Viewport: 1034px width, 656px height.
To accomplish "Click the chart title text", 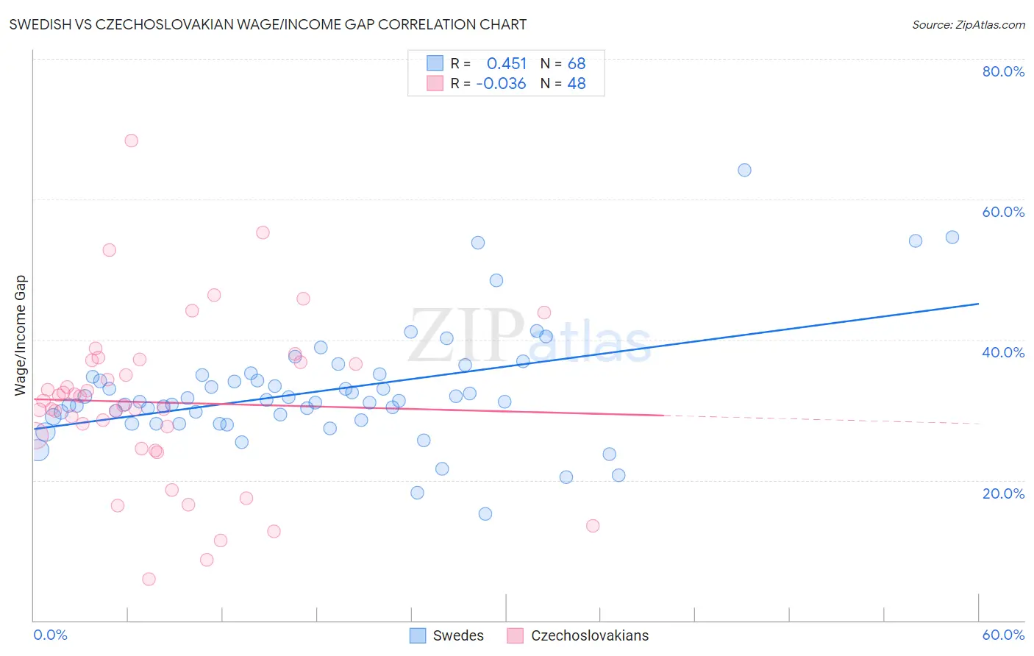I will [268, 24].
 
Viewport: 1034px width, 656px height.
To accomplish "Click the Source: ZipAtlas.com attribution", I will [968, 25].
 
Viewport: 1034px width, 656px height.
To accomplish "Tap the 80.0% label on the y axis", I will [1003, 71].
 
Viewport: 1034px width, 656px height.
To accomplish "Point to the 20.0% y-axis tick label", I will [1003, 493].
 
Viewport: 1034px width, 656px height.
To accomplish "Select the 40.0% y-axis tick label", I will [1003, 352].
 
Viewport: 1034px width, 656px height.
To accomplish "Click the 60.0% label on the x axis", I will [1003, 635].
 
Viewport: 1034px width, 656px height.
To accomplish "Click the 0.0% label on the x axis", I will [50, 635].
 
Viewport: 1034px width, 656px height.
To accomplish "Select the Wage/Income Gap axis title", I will [21, 335].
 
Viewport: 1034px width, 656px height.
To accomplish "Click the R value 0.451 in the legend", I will [507, 63].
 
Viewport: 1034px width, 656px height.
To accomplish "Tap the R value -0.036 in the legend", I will [501, 84].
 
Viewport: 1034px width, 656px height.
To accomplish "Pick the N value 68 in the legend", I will [577, 63].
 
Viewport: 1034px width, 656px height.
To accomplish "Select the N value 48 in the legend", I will [577, 84].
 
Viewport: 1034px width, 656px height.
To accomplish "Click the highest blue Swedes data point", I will [744, 170].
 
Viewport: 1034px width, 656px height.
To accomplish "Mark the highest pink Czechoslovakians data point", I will [131, 140].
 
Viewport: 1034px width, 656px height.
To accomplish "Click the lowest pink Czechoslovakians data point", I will [149, 579].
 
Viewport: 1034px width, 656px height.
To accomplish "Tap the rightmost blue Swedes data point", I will [952, 237].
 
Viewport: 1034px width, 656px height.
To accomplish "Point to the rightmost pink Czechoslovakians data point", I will [593, 526].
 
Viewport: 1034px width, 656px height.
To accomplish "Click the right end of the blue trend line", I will [978, 304].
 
